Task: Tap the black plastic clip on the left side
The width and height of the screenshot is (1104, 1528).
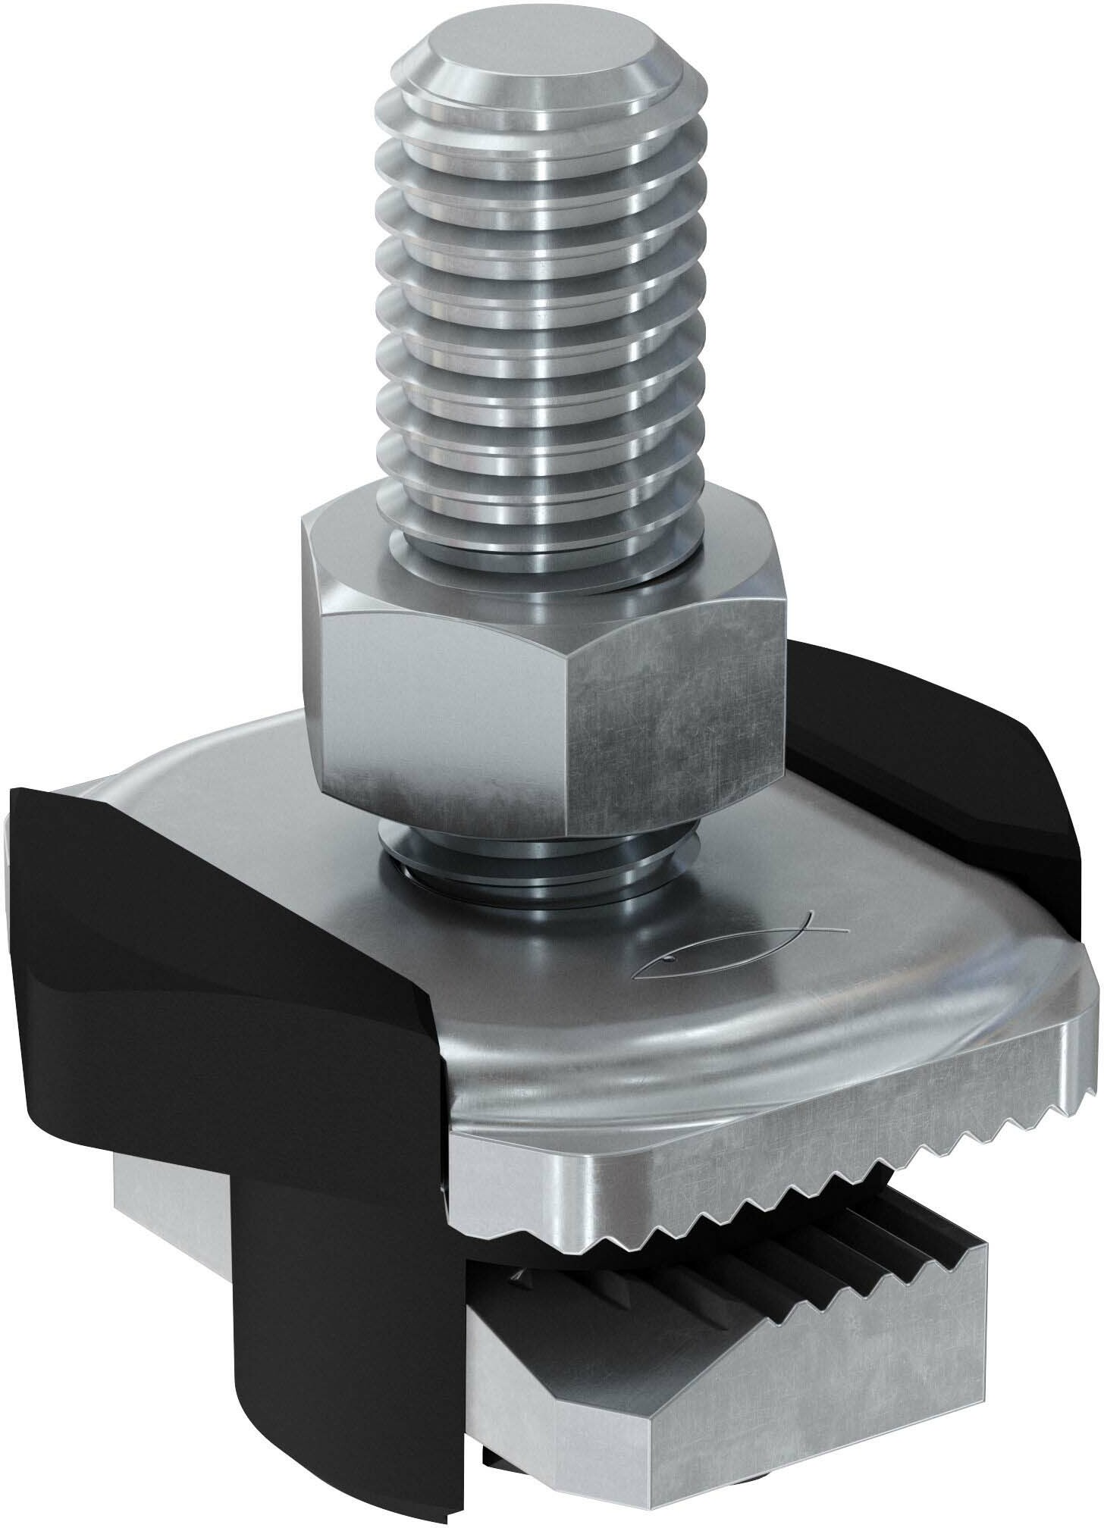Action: [x=190, y=947]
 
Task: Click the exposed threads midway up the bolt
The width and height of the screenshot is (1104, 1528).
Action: [x=541, y=303]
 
